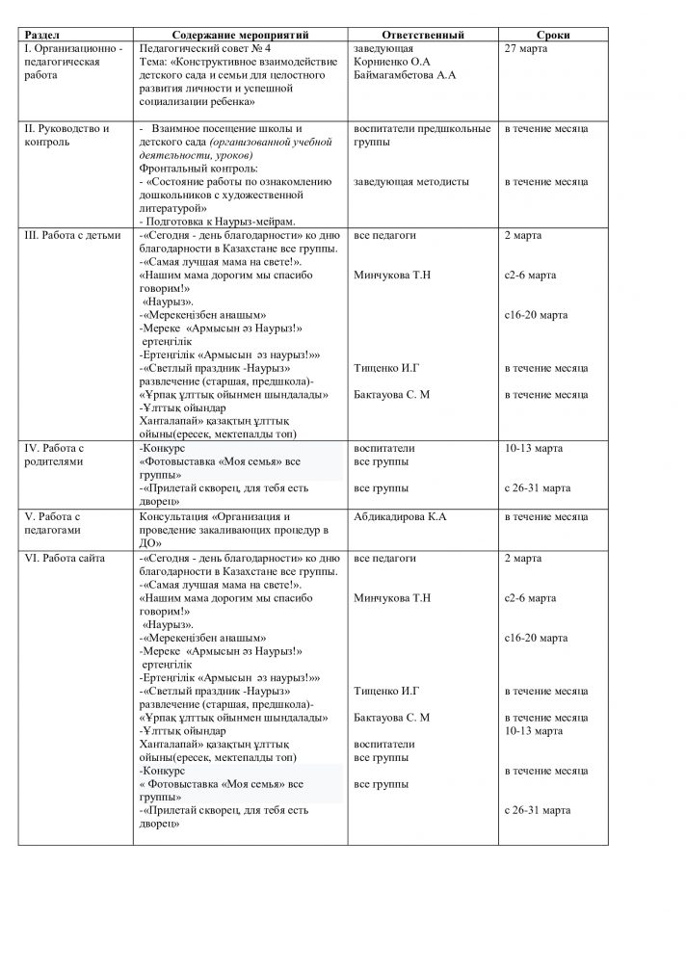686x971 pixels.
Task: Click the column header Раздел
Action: [x=43, y=35]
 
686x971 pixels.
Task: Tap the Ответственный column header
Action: [x=423, y=35]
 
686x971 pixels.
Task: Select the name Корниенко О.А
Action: [x=395, y=61]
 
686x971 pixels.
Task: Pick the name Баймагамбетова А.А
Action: [x=405, y=74]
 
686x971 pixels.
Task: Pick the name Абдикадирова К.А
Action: [x=400, y=517]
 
